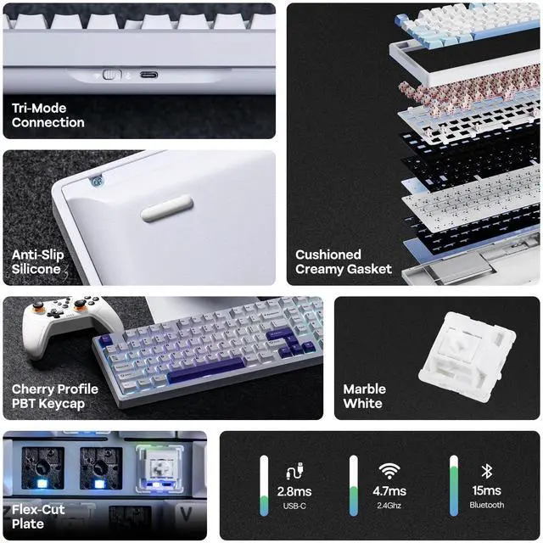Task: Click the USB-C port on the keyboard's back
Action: (x=148, y=74)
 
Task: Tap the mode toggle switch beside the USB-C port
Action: (x=112, y=74)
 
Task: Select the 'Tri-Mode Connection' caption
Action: (x=48, y=115)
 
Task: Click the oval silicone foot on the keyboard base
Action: (x=166, y=208)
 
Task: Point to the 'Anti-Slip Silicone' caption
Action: (x=36, y=261)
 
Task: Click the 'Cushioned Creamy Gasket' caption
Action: (x=343, y=261)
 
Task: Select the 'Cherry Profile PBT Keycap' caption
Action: (x=54, y=396)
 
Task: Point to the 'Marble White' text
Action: (x=364, y=396)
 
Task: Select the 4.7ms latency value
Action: (x=389, y=491)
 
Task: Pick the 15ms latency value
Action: (x=486, y=491)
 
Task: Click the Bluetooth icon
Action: (x=486, y=471)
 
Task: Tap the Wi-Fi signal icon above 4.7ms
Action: (x=389, y=471)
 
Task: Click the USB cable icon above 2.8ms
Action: (x=294, y=471)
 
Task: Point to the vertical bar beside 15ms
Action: (x=454, y=484)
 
